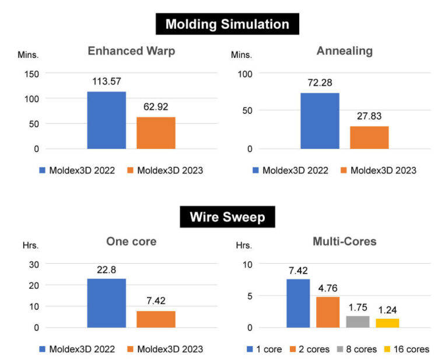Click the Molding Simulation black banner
pyautogui.click(x=227, y=24)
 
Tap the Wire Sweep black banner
pyautogui.click(x=227, y=218)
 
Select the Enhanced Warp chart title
pyautogui.click(x=131, y=51)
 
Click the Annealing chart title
pyautogui.click(x=344, y=51)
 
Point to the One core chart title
pyautogui.click(x=131, y=241)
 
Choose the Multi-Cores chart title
pyautogui.click(x=344, y=241)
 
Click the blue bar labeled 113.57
pyautogui.click(x=107, y=120)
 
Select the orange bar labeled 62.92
pyautogui.click(x=156, y=132)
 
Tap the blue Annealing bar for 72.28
pyautogui.click(x=320, y=120)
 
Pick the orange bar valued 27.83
pyautogui.click(x=369, y=137)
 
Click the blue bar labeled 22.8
pyautogui.click(x=107, y=303)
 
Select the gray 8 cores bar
pyautogui.click(x=358, y=321)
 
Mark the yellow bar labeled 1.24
pyautogui.click(x=387, y=323)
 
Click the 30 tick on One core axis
pyautogui.click(x=33, y=264)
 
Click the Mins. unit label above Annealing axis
pyautogui.click(x=241, y=55)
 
